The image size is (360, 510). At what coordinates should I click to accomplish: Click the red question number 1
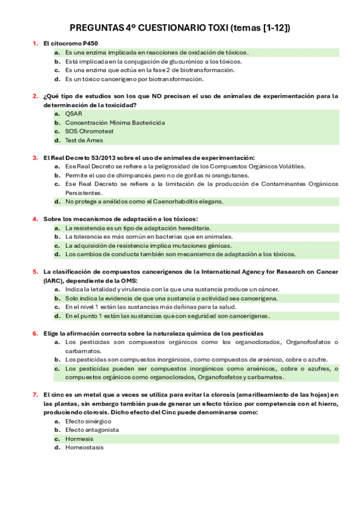[35, 43]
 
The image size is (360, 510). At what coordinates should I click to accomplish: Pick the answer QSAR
[73, 114]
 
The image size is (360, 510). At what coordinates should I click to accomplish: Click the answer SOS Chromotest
[89, 131]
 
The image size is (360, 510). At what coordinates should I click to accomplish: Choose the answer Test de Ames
[84, 140]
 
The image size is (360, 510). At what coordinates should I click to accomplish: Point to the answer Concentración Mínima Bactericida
[114, 123]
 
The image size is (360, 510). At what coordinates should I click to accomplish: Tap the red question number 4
[35, 219]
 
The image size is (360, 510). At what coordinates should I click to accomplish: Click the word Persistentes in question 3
[84, 193]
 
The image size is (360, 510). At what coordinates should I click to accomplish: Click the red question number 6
[35, 333]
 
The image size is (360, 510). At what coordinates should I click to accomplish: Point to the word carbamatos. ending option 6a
[84, 351]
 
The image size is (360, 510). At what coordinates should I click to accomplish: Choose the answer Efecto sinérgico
[88, 422]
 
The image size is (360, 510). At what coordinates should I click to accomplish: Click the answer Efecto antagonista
[92, 430]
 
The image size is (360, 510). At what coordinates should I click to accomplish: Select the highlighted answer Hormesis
[79, 439]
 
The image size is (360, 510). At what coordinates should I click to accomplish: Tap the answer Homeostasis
[84, 447]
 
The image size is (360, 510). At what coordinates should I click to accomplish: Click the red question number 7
[35, 395]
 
